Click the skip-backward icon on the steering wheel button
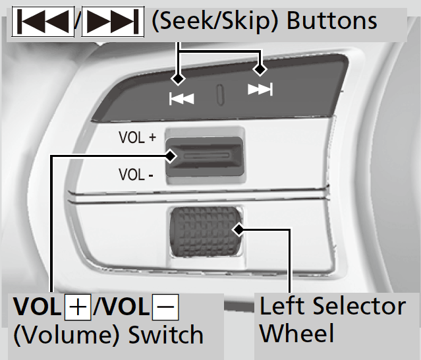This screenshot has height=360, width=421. pyautogui.click(x=182, y=99)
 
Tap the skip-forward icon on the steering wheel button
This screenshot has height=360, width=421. pyautogui.click(x=260, y=90)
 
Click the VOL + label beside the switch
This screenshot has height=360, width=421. pyautogui.click(x=137, y=138)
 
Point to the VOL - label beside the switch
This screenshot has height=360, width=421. pyautogui.click(x=136, y=175)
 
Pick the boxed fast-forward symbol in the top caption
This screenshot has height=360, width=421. pyautogui.click(x=111, y=22)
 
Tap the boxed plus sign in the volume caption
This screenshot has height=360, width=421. pyautogui.click(x=76, y=308)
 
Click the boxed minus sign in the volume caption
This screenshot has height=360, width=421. pyautogui.click(x=165, y=308)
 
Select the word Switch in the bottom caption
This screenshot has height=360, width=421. pyautogui.click(x=165, y=336)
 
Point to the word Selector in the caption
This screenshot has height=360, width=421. pyautogui.click(x=360, y=306)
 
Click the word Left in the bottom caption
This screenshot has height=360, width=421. pyautogui.click(x=283, y=306)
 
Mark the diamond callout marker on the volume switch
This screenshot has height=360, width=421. pyautogui.click(x=171, y=156)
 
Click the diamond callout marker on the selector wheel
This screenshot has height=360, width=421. pyautogui.click(x=239, y=230)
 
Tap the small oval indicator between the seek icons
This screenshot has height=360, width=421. pyautogui.click(x=220, y=93)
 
